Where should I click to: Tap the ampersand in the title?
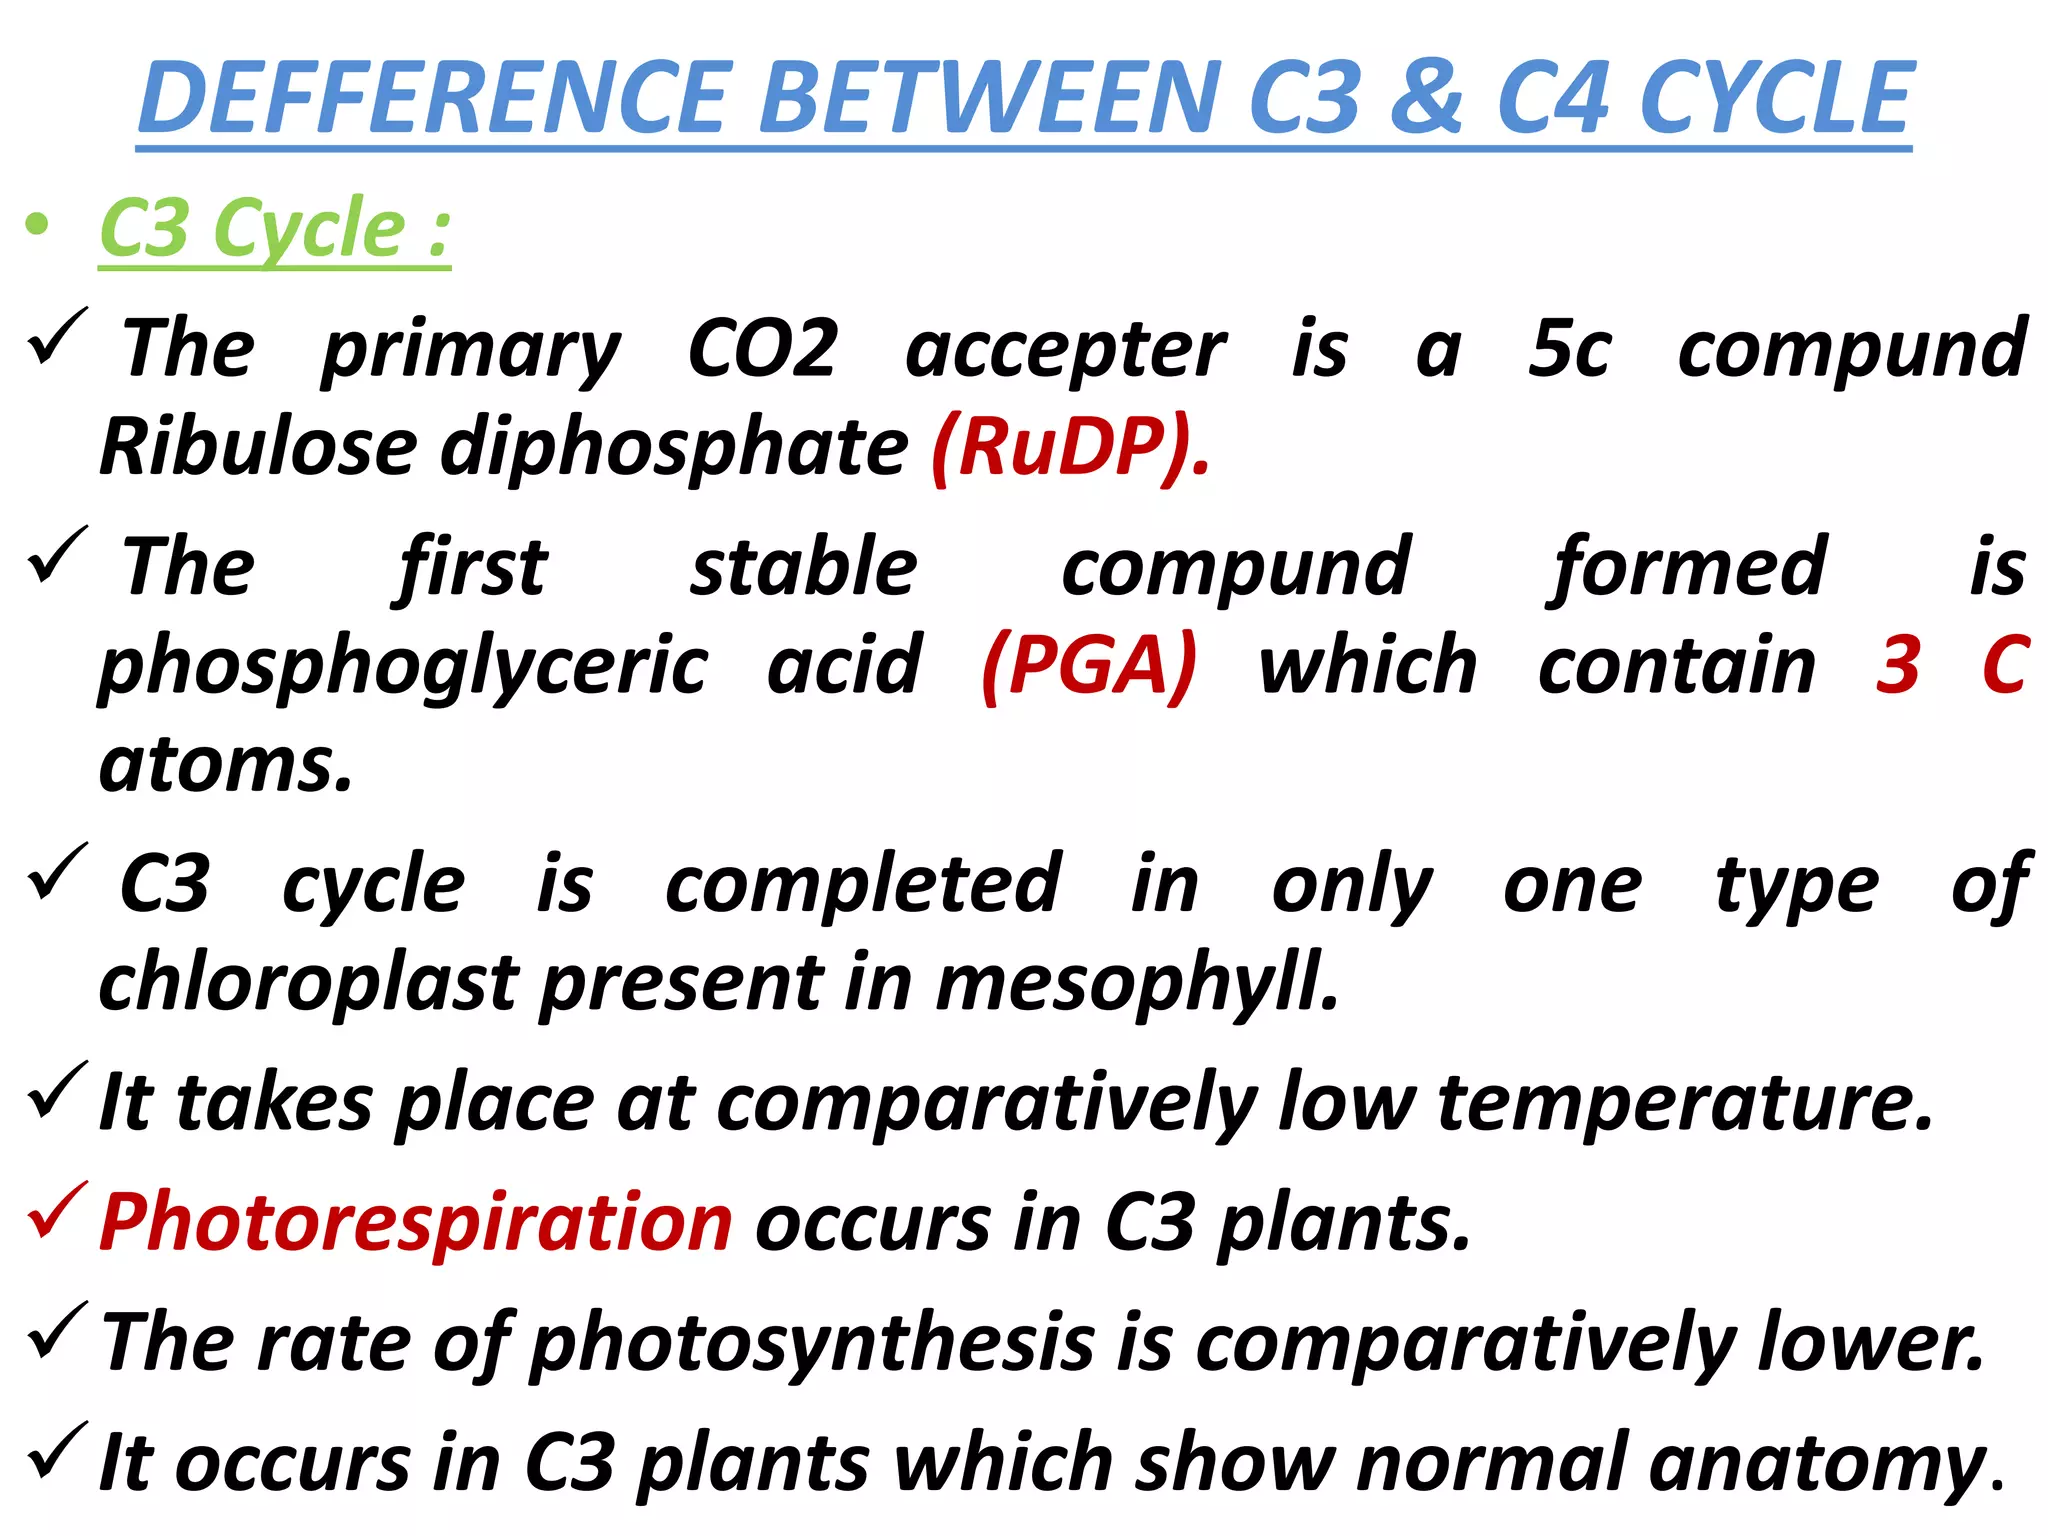1427,97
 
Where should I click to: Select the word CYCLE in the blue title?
1776,97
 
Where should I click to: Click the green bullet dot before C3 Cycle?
37,225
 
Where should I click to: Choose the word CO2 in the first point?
762,350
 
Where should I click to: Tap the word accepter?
1065,352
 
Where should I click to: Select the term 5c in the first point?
1569,350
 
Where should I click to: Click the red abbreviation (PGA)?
1089,666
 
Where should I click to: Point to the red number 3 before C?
1897,665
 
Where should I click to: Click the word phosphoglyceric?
404,668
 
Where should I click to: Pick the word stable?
803,568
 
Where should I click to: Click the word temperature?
1686,1103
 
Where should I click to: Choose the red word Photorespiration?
416,1222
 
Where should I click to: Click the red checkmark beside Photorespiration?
58,1211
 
